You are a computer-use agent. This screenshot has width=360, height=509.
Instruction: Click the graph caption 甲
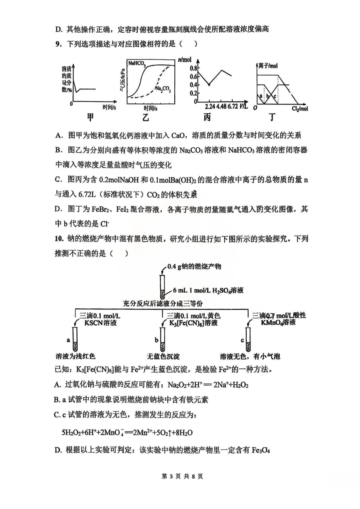[x=90, y=117]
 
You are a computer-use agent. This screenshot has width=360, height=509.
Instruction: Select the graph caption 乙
[x=146, y=118]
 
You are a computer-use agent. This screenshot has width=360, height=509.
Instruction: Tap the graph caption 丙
[x=207, y=118]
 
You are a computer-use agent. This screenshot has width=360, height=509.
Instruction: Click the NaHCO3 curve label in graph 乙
[x=136, y=64]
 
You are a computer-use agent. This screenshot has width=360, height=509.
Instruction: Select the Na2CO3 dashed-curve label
[x=163, y=89]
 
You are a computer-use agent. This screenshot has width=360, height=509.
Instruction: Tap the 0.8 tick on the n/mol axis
[x=193, y=68]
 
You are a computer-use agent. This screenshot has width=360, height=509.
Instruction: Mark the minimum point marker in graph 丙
[x=209, y=84]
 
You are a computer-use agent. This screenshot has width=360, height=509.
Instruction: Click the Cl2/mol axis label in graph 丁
[x=300, y=109]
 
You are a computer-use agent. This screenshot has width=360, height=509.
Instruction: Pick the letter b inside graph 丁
[x=268, y=97]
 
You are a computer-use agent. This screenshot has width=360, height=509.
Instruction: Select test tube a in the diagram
[x=75, y=339]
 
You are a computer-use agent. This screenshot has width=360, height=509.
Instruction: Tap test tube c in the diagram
[x=249, y=339]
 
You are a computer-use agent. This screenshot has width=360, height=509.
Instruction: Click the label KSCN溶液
[x=100, y=323]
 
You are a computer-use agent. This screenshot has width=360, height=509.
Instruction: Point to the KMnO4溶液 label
[x=278, y=323]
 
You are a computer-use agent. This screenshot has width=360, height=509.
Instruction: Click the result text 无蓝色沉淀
[x=163, y=356]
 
